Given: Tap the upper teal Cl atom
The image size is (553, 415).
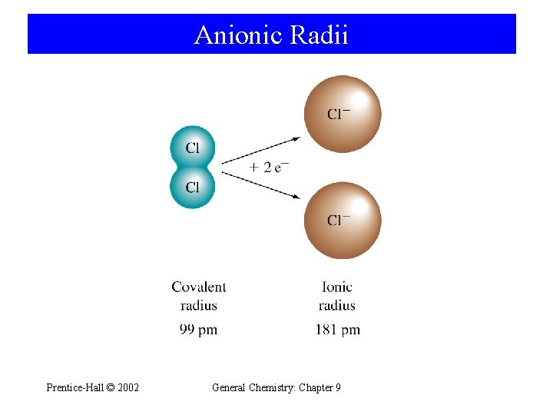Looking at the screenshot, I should (191, 148).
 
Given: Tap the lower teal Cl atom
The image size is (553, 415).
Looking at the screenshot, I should (191, 187).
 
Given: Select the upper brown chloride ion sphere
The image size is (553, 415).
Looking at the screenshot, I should (342, 114).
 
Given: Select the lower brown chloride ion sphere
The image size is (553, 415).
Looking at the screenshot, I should (342, 221).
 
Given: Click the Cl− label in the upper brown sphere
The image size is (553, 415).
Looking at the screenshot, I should (339, 115).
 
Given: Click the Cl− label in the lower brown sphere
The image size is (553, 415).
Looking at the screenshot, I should (339, 221).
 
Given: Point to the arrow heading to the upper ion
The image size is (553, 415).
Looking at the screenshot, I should (261, 151).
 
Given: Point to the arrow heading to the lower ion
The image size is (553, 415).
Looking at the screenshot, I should (261, 185).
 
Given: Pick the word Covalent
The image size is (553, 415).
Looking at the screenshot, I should (199, 287).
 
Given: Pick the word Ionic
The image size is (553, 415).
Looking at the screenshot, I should (337, 287).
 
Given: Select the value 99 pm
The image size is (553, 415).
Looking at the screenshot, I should (198, 330).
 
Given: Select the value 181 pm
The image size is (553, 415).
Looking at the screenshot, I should (337, 330).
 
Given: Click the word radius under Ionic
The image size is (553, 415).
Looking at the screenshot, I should (337, 306).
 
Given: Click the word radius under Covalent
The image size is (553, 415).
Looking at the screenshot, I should (199, 306).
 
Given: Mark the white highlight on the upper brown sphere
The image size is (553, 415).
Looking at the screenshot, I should (359, 98).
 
